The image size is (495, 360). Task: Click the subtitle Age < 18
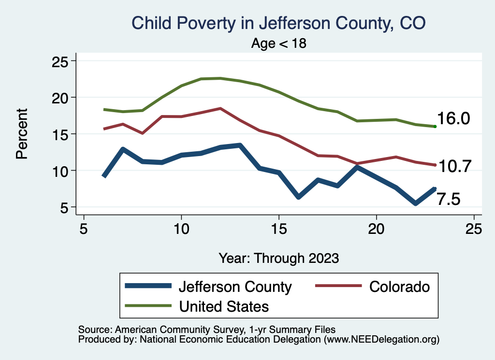point(279,43)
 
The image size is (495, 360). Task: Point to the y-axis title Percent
point(21,134)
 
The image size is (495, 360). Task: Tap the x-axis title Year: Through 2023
point(278,258)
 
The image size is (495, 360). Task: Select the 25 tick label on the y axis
point(61,61)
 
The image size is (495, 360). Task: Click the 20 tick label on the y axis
point(61,98)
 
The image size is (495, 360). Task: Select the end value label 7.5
point(448,199)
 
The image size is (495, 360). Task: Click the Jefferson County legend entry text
point(235,287)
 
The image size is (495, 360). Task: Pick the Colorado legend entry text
point(399,287)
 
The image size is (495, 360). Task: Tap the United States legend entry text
point(224,306)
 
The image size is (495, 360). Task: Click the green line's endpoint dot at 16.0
point(435,127)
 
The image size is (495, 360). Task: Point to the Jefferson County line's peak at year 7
point(123,149)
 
